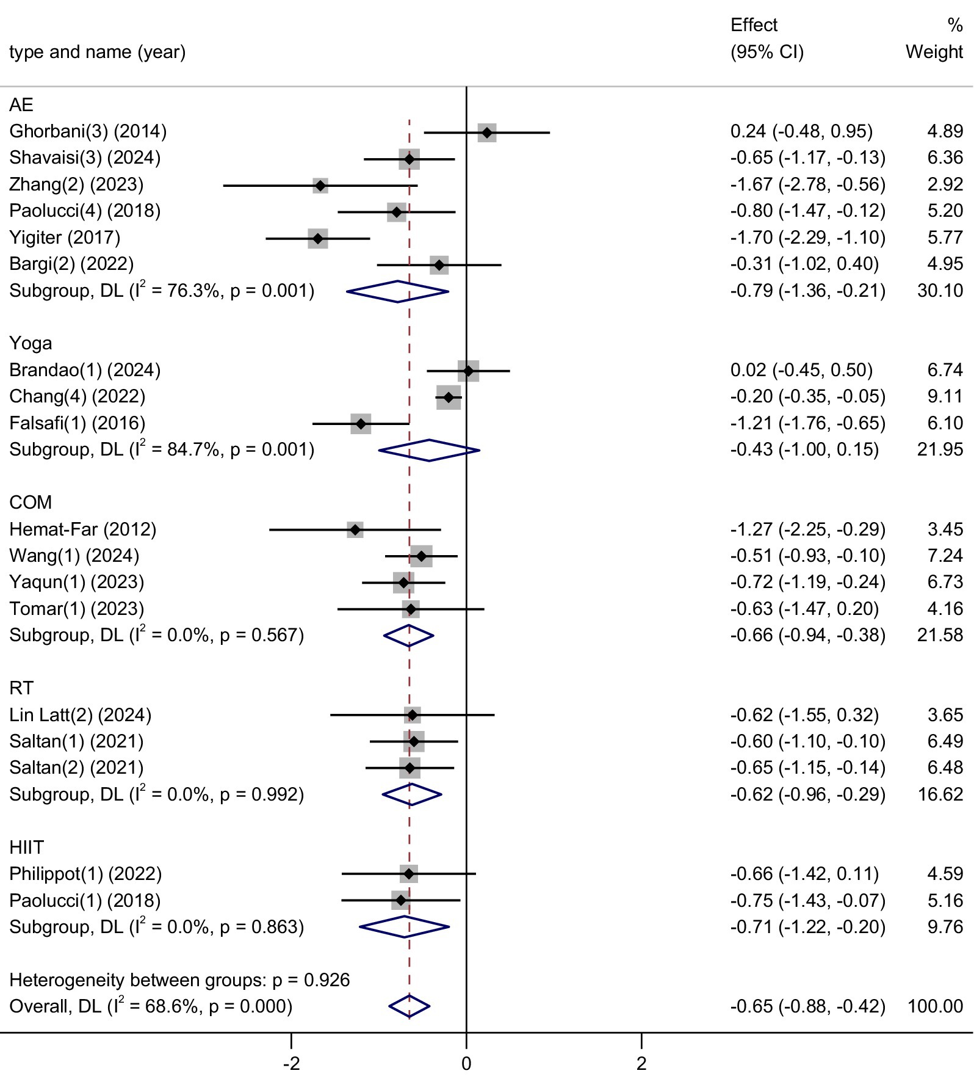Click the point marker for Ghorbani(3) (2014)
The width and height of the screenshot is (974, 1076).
point(486,133)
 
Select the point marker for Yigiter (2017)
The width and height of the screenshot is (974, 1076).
point(317,238)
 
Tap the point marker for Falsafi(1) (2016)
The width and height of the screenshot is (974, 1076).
point(361,424)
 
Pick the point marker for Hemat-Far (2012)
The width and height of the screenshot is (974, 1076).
point(355,529)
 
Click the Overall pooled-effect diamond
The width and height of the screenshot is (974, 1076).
point(409,1006)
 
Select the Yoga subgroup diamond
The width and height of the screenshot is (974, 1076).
point(429,450)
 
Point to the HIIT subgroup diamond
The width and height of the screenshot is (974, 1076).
point(404,927)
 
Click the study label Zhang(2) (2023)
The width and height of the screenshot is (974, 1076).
point(76,184)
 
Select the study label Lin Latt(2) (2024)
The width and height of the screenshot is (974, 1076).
point(80,714)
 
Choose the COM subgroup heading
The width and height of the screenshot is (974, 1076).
point(31,503)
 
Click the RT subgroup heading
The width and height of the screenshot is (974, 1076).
point(21,688)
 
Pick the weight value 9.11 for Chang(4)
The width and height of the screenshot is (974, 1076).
point(945,396)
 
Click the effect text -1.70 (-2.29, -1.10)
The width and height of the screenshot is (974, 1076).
point(807,238)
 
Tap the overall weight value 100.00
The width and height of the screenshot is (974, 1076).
point(935,1006)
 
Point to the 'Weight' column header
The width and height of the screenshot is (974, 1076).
point(934,52)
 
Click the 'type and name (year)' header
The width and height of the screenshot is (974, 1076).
point(98,52)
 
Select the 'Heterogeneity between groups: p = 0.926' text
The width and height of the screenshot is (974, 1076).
point(179,980)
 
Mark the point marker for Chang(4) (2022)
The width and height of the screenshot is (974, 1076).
point(449,398)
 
